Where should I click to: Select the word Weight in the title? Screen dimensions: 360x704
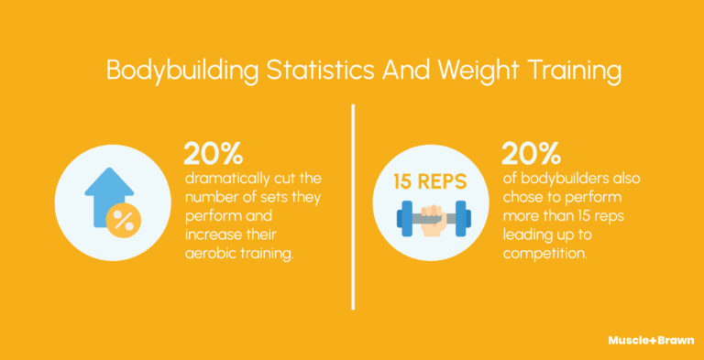click(448, 71)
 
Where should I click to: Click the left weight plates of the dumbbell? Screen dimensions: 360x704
click(404, 218)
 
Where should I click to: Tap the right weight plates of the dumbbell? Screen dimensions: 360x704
click(462, 218)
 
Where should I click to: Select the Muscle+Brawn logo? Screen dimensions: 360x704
click(651, 340)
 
